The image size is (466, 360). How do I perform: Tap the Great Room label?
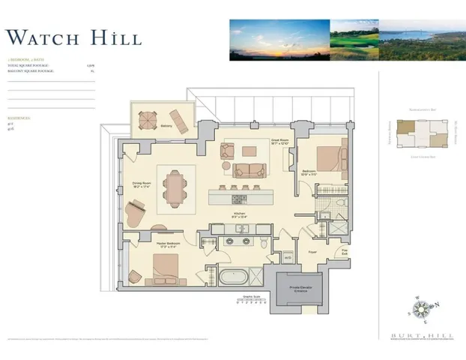click(277, 141)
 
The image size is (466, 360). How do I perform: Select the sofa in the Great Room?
click(247, 170)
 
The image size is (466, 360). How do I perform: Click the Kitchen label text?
click(240, 214)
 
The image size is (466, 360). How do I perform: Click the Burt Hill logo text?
click(420, 333)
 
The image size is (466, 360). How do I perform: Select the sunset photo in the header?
click(279, 40)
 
